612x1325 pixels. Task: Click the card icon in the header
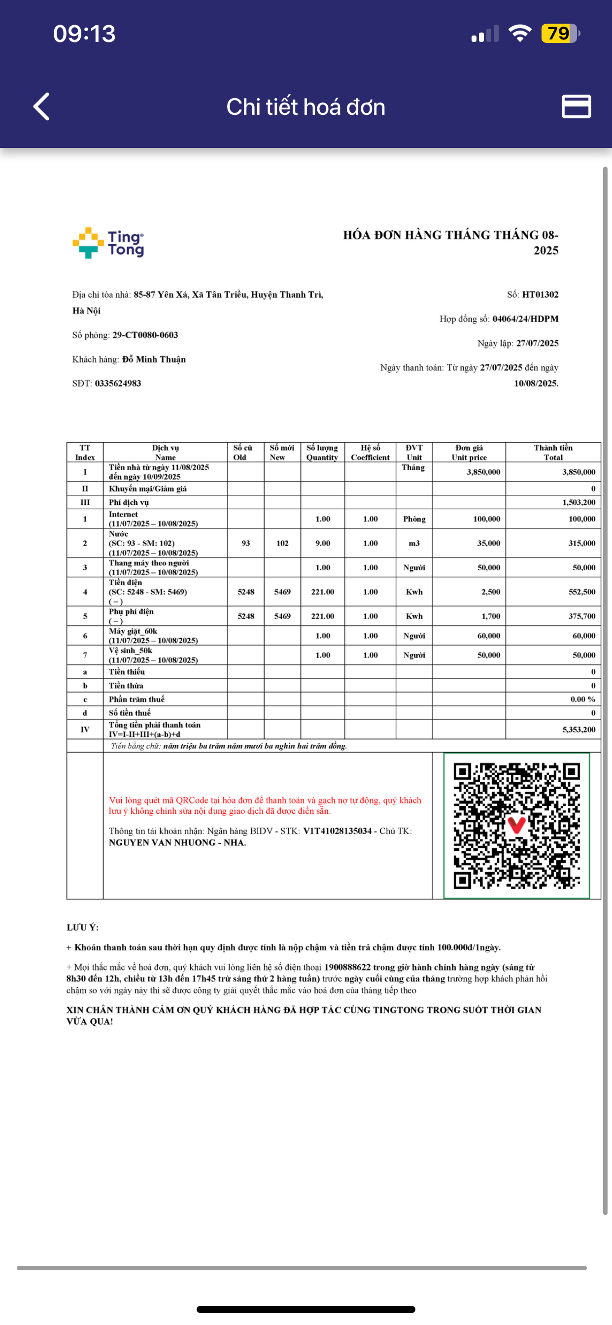[576, 106]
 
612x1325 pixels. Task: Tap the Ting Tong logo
[108, 244]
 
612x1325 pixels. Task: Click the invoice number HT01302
[540, 295]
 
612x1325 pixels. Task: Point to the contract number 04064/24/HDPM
[525, 319]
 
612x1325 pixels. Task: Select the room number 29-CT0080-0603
[145, 335]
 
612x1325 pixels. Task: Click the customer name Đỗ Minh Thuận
[154, 359]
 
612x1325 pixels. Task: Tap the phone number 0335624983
[118, 383]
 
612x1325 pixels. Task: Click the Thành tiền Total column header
[553, 452]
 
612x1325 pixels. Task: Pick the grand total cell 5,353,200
[578, 730]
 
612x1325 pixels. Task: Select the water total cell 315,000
[581, 543]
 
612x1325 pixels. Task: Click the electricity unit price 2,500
[491, 592]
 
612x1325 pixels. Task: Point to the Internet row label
[123, 514]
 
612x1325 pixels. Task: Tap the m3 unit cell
[414, 543]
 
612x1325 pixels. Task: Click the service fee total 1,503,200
[578, 502]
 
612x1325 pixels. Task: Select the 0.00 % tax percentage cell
[583, 699]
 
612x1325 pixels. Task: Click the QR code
[516, 826]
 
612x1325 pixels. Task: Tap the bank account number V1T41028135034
[337, 831]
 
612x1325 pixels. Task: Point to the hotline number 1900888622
[347, 967]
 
